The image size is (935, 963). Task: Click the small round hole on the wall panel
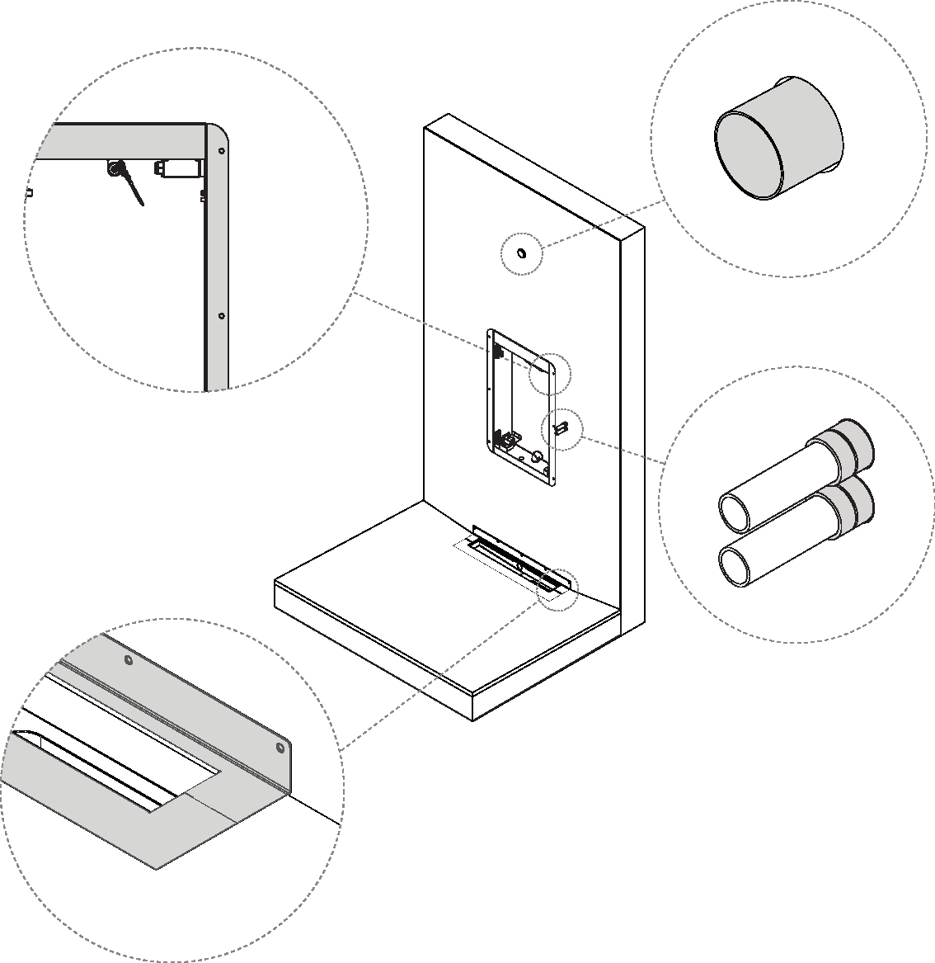tap(522, 253)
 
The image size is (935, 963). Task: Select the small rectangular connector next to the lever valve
tap(178, 168)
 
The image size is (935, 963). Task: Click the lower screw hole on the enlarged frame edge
tap(221, 315)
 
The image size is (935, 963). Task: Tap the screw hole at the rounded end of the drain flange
tap(280, 748)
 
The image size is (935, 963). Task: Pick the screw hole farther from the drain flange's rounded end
tap(127, 660)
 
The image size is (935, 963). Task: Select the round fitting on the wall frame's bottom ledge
tap(536, 456)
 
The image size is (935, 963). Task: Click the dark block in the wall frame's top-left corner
tap(500, 351)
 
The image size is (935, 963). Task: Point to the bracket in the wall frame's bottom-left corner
tap(501, 438)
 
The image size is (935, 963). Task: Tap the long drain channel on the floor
tap(515, 562)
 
